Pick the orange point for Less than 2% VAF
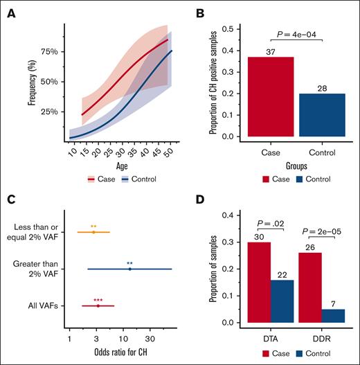click(x=93, y=232)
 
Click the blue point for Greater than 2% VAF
click(x=129, y=269)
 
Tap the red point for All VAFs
click(x=98, y=305)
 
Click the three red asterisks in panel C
click(x=98, y=299)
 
